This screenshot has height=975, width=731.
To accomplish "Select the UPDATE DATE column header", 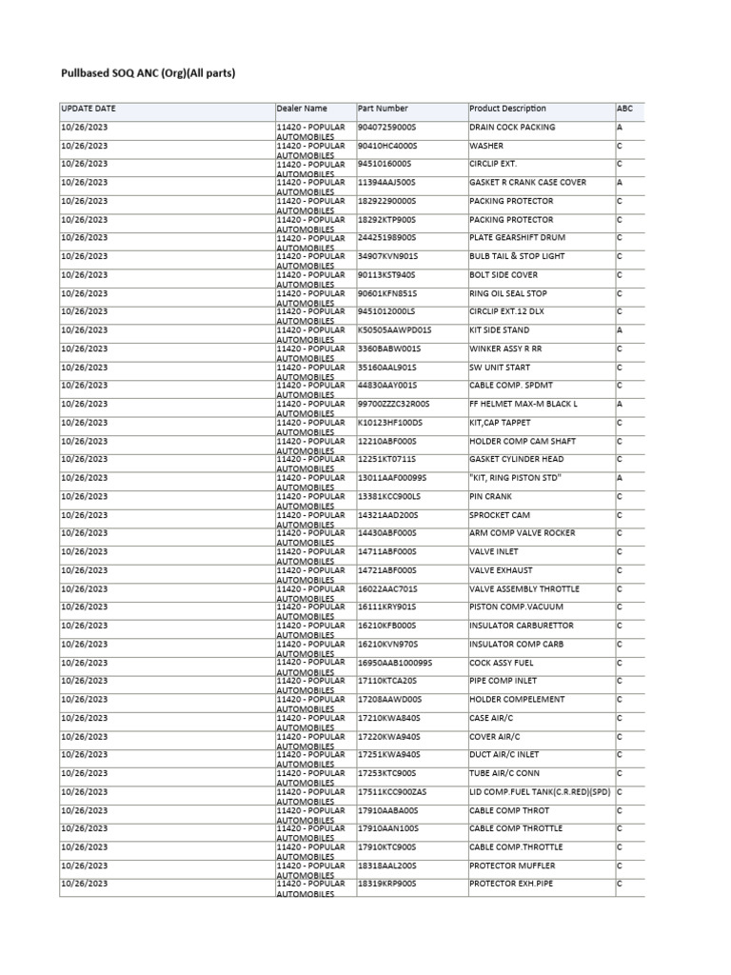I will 88,109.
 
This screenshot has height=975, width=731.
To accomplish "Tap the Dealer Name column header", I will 302,109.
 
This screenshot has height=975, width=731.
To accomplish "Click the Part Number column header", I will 383,109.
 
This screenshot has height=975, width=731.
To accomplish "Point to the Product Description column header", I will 508,109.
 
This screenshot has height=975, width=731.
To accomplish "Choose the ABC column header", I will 624,109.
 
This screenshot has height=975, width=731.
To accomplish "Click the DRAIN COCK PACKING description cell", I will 512,128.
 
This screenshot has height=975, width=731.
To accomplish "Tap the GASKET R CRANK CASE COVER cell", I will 527,183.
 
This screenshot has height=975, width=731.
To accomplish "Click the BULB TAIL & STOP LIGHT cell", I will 517,256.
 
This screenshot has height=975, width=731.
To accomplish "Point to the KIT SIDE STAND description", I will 501,330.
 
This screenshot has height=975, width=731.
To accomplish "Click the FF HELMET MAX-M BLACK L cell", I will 524,404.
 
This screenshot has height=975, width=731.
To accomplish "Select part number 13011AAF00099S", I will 392,478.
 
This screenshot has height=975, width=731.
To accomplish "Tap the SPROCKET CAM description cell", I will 501,515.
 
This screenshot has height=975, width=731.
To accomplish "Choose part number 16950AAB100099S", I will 395,663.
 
